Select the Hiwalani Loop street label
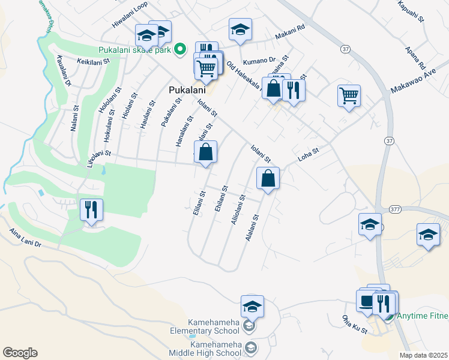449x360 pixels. click(x=130, y=15)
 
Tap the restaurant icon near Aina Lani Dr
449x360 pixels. click(x=91, y=209)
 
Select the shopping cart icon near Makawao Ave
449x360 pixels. click(x=349, y=95)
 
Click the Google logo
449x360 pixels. click(x=20, y=353)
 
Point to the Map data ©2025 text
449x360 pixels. click(x=423, y=355)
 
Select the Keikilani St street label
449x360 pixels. click(x=93, y=61)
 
